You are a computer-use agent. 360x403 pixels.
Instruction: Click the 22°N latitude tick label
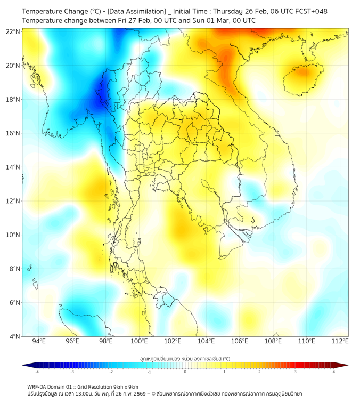click(x=13, y=31)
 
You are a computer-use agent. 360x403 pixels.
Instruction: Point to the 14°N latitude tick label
click(x=13, y=167)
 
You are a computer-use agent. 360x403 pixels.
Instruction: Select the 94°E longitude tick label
click(x=39, y=341)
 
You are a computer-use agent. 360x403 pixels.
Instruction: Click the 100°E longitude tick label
click(x=139, y=341)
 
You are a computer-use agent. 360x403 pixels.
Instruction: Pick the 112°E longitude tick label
click(x=340, y=341)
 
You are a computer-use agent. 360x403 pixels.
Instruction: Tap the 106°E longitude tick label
click(x=240, y=341)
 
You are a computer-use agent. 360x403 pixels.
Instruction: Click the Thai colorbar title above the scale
click(x=185, y=359)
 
